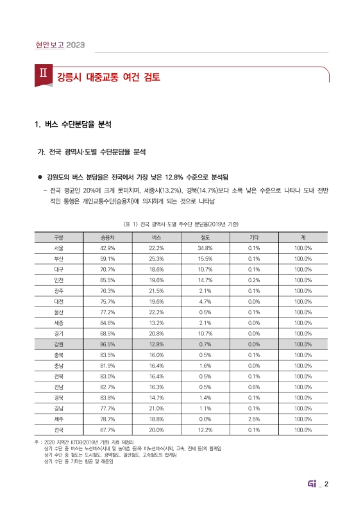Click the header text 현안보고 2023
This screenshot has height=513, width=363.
(x=58, y=45)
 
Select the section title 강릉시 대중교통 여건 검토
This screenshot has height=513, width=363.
(x=108, y=78)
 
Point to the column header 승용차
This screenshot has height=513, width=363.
(x=107, y=237)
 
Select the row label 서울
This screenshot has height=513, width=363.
(x=59, y=248)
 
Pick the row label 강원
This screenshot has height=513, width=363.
(x=59, y=344)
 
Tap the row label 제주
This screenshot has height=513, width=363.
(x=59, y=419)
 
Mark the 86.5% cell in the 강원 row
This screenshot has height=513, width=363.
(x=107, y=344)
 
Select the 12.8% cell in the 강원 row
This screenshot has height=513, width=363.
(x=156, y=344)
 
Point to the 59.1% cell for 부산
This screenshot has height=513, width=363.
(x=107, y=259)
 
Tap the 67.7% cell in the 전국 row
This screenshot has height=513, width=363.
(x=107, y=430)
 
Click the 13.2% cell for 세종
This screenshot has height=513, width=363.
(x=156, y=323)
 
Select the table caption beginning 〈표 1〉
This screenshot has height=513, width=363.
(x=181, y=224)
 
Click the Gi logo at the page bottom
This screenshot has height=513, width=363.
(x=315, y=484)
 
